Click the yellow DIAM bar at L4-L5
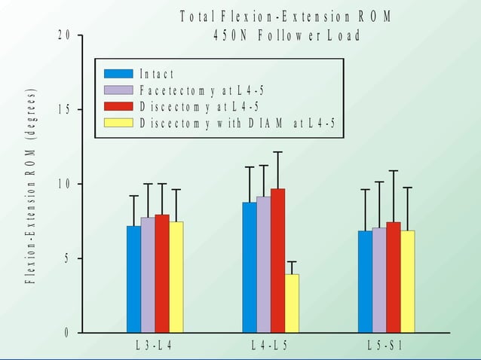(x=292, y=303)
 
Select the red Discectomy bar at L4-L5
(x=277, y=260)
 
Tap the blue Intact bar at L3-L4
(x=133, y=279)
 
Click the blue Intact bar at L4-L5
(x=250, y=267)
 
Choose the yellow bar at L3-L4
(x=176, y=276)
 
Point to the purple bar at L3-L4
(x=148, y=275)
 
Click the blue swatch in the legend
(x=118, y=74)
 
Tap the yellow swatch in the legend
(x=118, y=123)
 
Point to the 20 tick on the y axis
(x=66, y=36)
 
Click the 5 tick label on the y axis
(x=66, y=258)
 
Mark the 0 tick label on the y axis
(x=66, y=333)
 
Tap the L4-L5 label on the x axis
(x=270, y=346)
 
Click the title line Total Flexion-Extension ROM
(x=286, y=17)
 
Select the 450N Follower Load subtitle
(x=286, y=36)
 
